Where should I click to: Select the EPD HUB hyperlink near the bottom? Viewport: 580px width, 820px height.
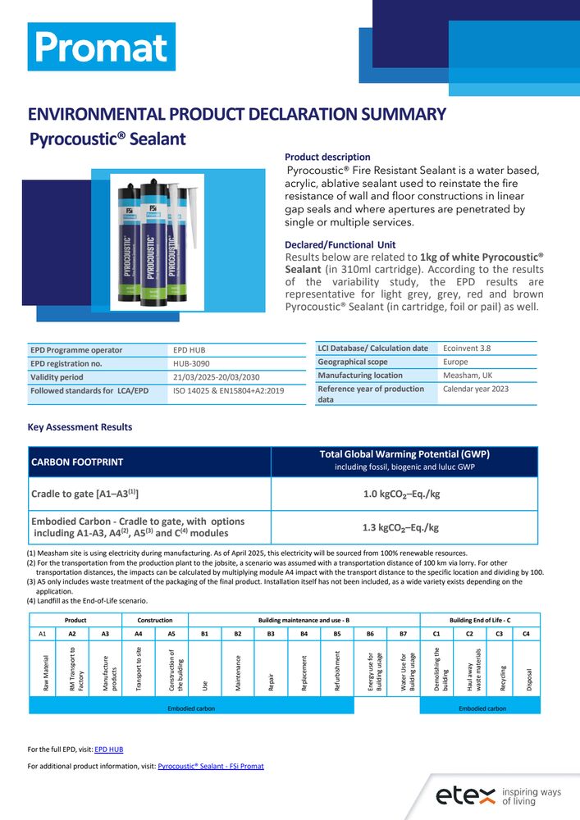coord(109,749)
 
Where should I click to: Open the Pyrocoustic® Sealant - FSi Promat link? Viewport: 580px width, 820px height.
coord(210,767)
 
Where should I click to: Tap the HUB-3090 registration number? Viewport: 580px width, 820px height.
coord(190,363)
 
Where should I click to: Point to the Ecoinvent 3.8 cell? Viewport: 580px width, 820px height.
coord(467,348)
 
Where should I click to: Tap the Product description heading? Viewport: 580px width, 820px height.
coord(327,157)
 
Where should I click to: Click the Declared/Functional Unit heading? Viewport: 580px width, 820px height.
coord(340,244)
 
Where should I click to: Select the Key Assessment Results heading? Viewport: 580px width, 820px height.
coord(80,427)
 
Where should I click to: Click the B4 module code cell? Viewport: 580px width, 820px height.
coord(304,635)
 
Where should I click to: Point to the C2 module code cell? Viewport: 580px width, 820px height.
coord(469,635)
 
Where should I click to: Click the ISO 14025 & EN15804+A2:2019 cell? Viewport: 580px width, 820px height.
coord(229,391)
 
